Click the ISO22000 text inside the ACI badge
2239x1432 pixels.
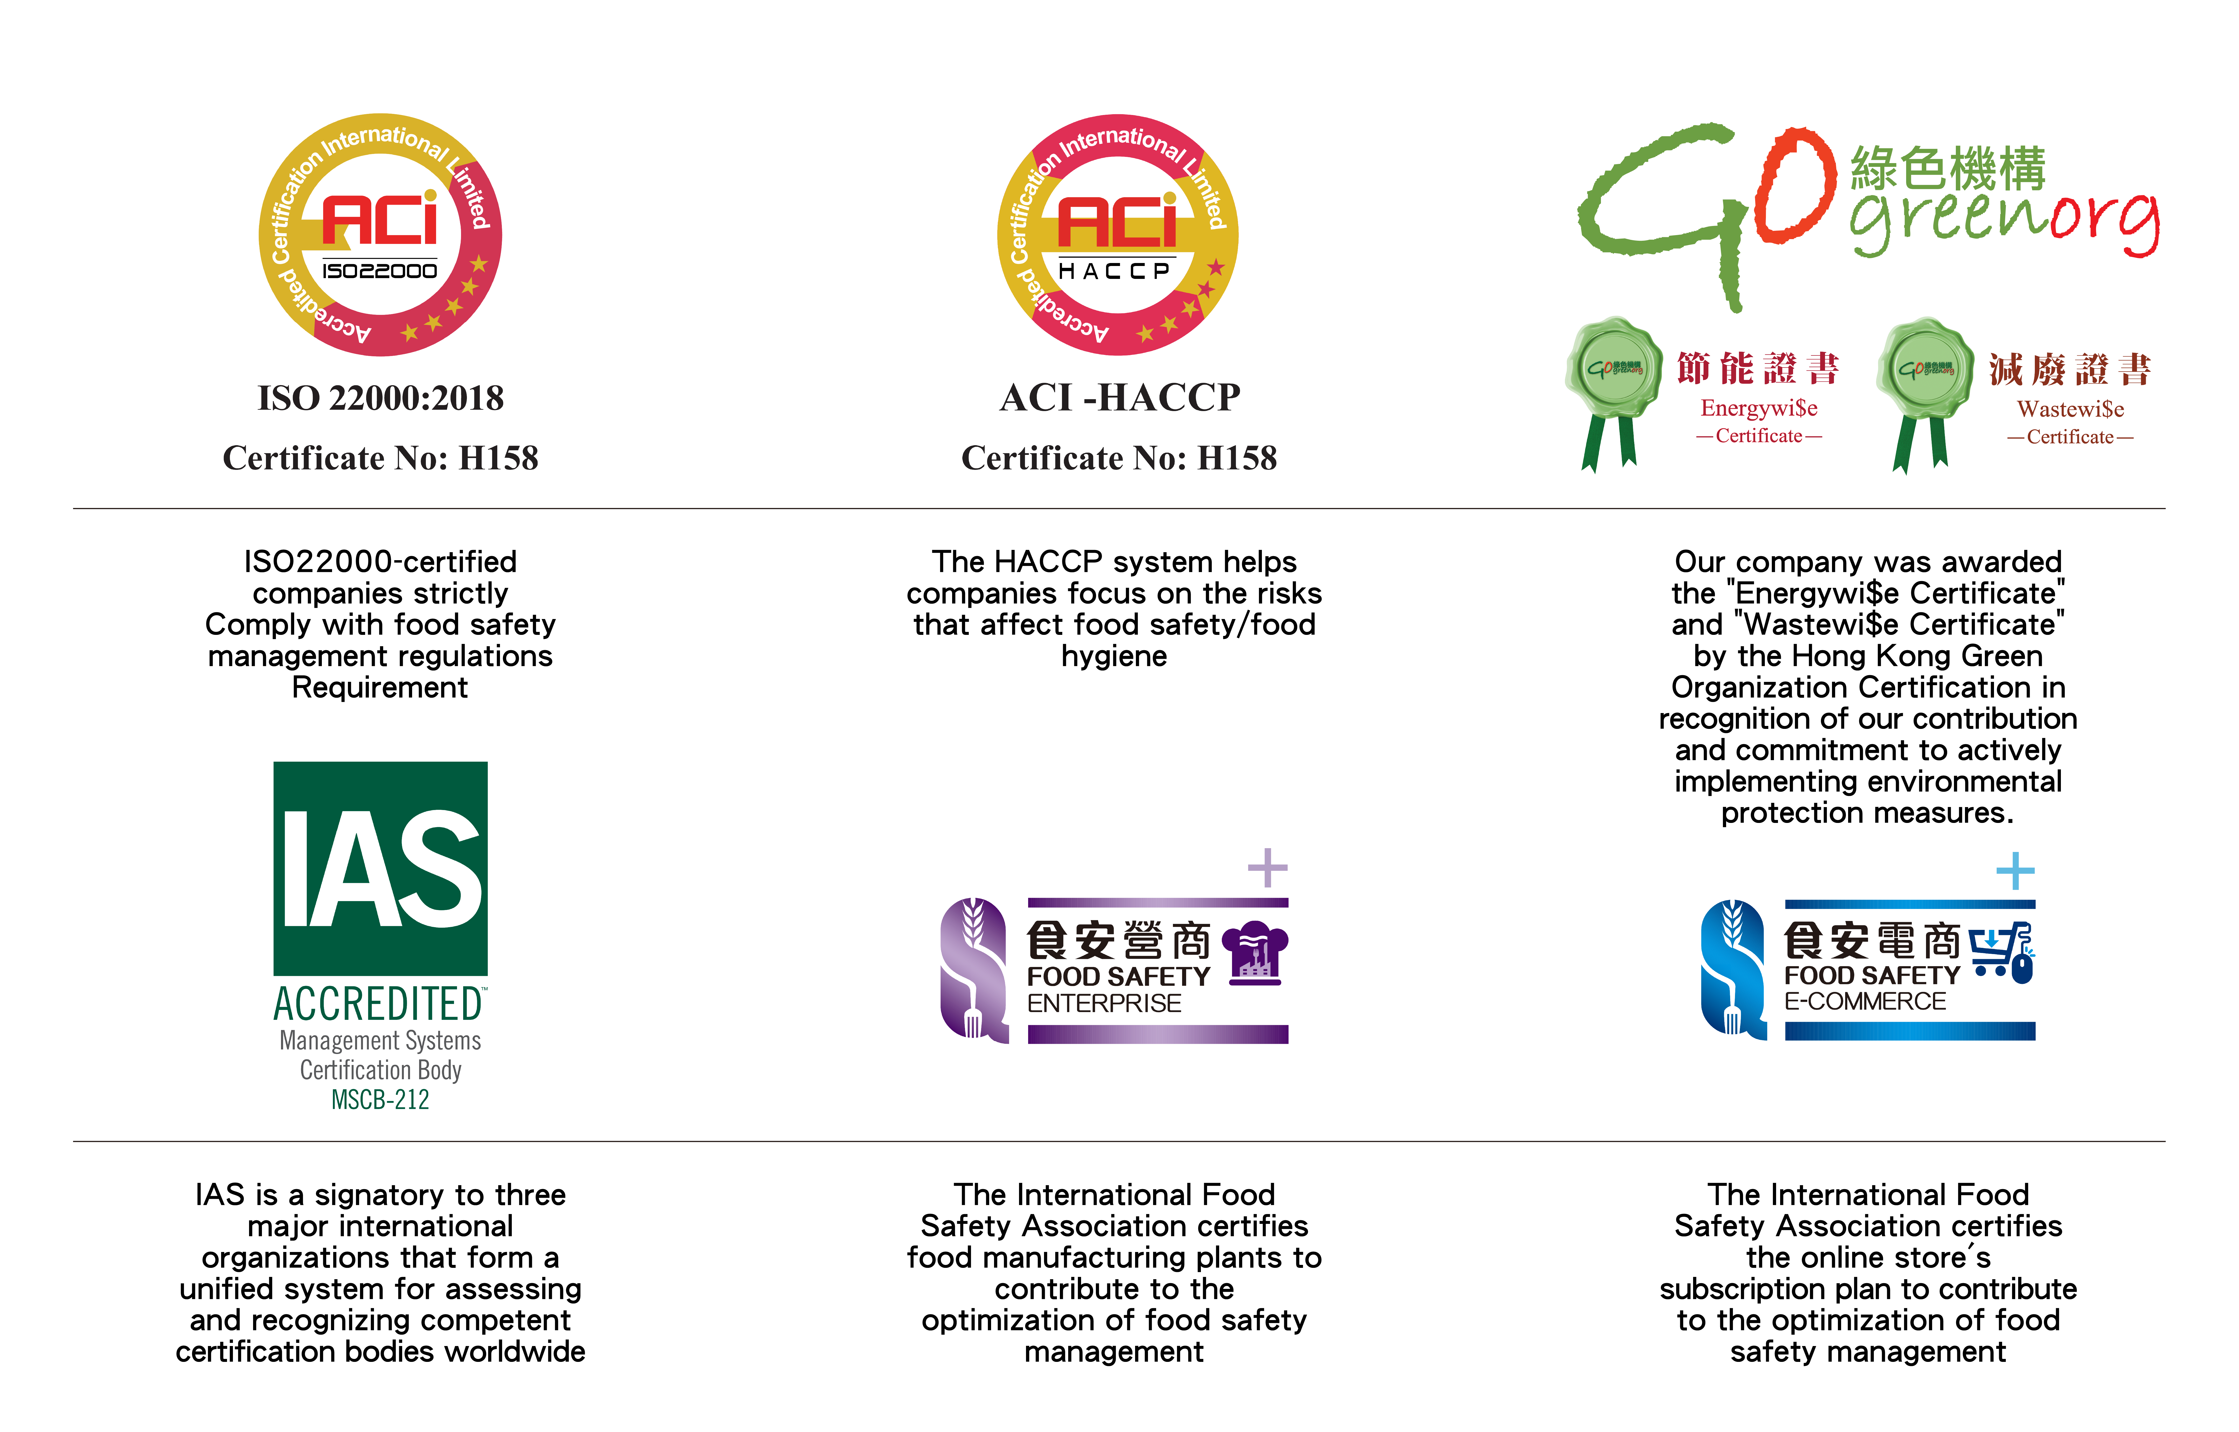click(379, 271)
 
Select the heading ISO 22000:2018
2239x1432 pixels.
click(380, 398)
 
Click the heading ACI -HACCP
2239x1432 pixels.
click(1119, 398)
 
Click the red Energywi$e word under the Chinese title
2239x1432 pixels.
click(1758, 408)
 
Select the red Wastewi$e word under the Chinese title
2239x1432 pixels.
click(2070, 409)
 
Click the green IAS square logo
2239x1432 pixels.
click(380, 869)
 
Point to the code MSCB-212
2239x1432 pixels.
click(380, 1100)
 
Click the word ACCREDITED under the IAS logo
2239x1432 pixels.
click(379, 1004)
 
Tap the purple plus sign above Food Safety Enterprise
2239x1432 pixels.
click(1267, 868)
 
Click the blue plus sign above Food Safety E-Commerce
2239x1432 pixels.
click(2015, 871)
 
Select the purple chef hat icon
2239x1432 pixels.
click(1255, 952)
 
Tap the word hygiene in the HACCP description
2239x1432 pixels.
click(1114, 656)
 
